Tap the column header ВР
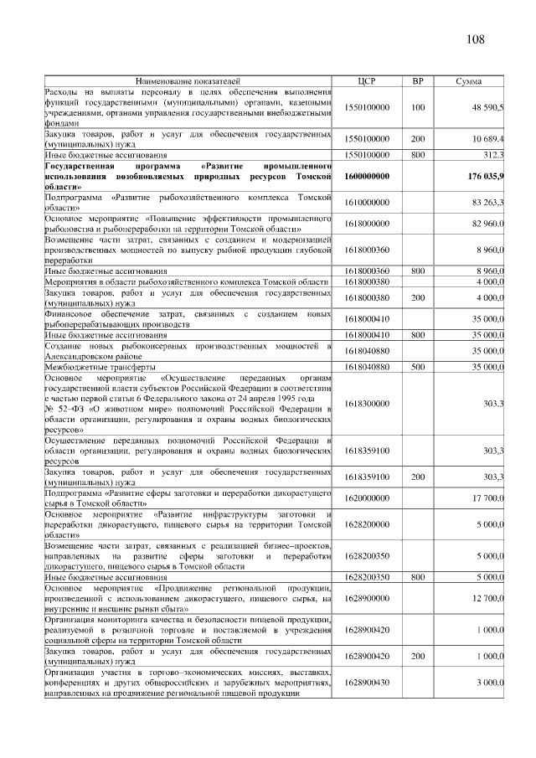(418, 81)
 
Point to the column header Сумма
(468, 81)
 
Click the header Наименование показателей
(188, 81)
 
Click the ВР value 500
(418, 367)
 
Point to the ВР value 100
(418, 108)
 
